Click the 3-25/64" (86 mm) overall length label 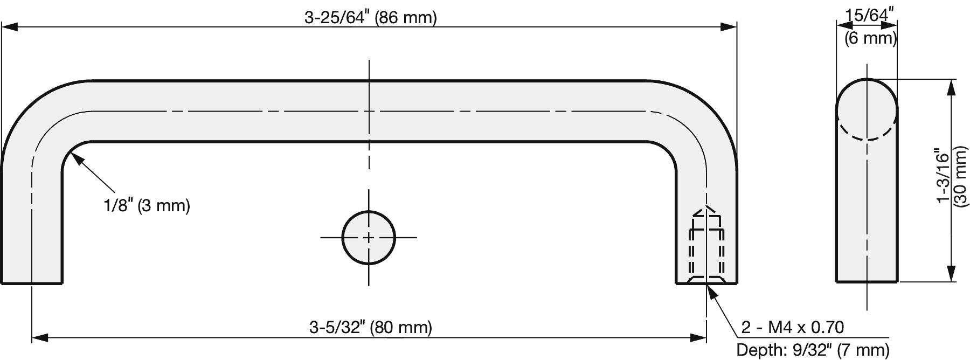pyautogui.click(x=370, y=18)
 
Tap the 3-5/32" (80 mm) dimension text pyautogui.click(x=370, y=327)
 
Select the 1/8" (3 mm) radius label pyautogui.click(x=147, y=205)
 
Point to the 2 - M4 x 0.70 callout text pyautogui.click(x=792, y=327)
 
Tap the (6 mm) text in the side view pyautogui.click(x=870, y=38)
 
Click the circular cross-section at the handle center pyautogui.click(x=369, y=237)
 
